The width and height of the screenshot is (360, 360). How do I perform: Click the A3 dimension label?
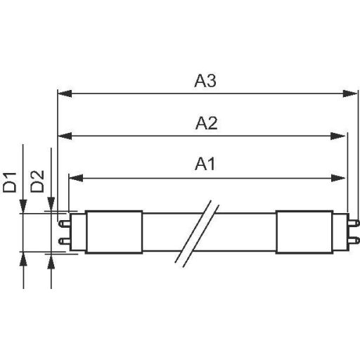coord(205,82)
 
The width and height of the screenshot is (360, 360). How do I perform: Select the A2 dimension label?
coord(205,124)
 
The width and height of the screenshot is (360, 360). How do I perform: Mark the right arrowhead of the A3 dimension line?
coord(352,93)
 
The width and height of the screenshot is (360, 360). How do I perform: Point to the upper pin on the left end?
coord(63,223)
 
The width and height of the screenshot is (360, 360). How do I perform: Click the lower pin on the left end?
coord(63,240)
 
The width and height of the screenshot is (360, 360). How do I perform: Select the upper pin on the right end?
coord(355,223)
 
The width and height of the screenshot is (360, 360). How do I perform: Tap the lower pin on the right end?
coord(355,240)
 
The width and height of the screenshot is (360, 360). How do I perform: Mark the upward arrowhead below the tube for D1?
coord(25,258)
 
